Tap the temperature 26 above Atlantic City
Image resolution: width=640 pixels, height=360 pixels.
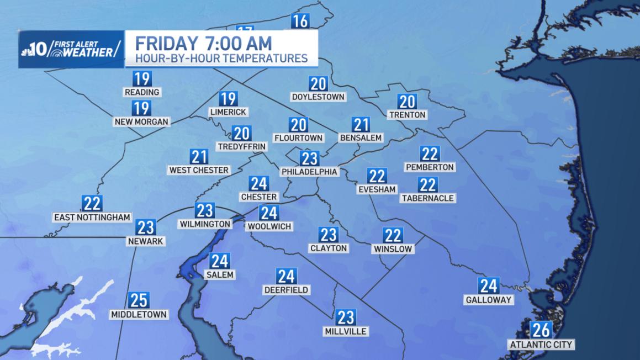pyautogui.click(x=541, y=330)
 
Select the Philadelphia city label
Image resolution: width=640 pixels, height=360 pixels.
pyautogui.click(x=309, y=172)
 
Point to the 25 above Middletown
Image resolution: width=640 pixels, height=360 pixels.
pyautogui.click(x=138, y=300)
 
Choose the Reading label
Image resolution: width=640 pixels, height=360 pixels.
pyautogui.click(x=142, y=92)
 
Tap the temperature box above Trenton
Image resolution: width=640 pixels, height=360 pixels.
pyautogui.click(x=407, y=102)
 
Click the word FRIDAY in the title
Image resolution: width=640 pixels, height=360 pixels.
pyautogui.click(x=163, y=43)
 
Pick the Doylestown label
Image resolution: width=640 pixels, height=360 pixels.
pyautogui.click(x=318, y=97)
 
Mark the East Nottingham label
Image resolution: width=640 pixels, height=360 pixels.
pyautogui.click(x=92, y=218)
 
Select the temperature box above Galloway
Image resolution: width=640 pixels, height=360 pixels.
pyautogui.click(x=489, y=286)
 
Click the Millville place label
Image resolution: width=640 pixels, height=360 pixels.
pyautogui.click(x=346, y=331)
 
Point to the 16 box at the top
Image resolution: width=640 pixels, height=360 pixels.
pyautogui.click(x=299, y=22)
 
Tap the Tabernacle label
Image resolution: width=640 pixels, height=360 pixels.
pyautogui.click(x=427, y=198)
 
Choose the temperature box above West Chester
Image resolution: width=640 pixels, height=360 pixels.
pyautogui.click(x=199, y=156)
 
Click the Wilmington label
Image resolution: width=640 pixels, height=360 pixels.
pyautogui.click(x=204, y=224)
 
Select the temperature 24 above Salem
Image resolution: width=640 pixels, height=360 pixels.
pyautogui.click(x=220, y=261)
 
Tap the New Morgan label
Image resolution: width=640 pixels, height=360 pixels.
pyautogui.click(x=141, y=121)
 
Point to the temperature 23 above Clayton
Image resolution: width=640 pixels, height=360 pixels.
pyautogui.click(x=328, y=235)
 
